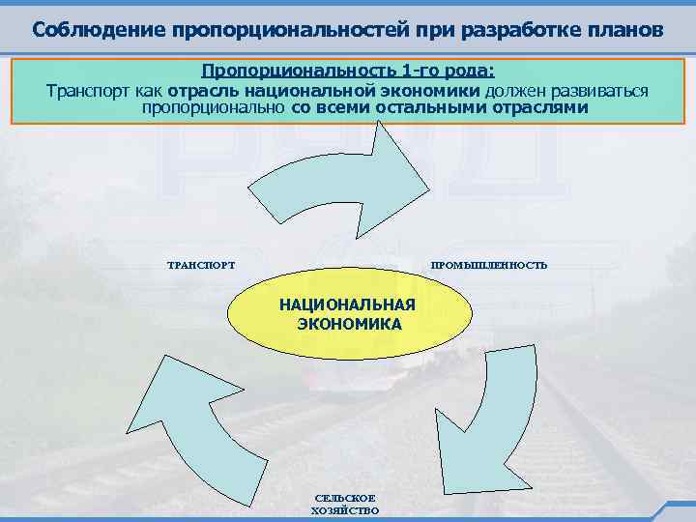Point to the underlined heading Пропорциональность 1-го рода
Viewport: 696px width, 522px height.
click(x=347, y=72)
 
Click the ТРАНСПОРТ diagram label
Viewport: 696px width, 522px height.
click(x=201, y=265)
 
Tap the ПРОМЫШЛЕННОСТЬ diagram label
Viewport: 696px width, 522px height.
click(x=488, y=265)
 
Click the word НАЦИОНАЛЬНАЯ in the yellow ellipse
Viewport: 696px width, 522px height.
click(x=347, y=305)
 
